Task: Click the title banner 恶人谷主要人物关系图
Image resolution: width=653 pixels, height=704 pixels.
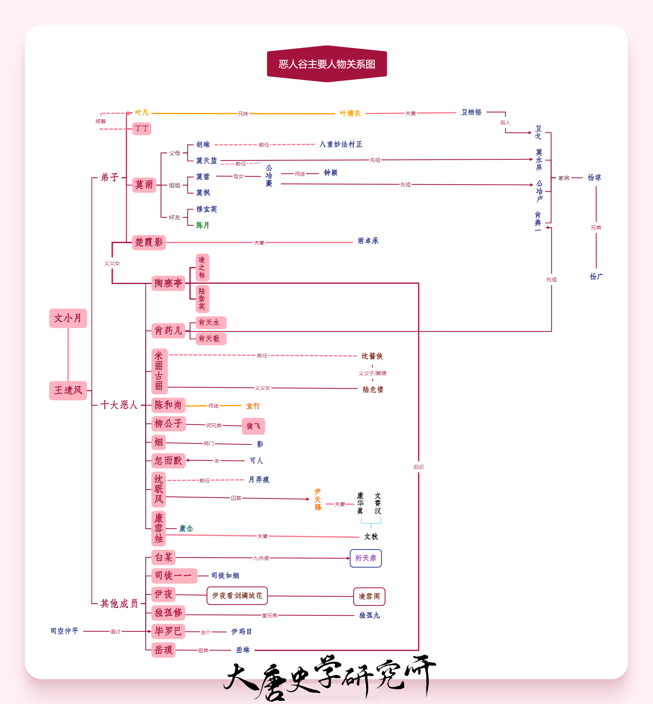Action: pos(327,64)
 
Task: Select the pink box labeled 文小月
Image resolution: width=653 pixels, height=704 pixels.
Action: pos(68,318)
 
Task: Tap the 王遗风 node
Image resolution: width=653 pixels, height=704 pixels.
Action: pos(68,390)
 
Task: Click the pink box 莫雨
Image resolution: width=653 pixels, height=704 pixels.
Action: pos(144,185)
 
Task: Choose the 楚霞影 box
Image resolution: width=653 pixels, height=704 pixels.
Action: pos(149,242)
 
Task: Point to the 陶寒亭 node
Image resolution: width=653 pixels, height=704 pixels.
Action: pos(168,283)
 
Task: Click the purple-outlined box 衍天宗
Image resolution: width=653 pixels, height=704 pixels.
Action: pos(366,558)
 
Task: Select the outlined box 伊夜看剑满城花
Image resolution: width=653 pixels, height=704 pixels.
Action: pos(237,596)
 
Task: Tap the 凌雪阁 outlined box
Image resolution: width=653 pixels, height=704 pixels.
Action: pos(369,596)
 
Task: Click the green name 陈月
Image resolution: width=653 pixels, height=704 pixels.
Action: pos(203,225)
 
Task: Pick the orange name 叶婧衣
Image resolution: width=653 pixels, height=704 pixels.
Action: pos(350,113)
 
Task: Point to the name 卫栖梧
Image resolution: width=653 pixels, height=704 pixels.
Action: pos(471,112)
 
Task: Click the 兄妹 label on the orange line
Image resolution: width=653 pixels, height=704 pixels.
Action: pos(243,114)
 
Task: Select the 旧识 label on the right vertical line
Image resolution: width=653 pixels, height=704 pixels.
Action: pos(419,467)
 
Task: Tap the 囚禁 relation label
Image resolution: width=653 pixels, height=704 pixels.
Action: pos(236,498)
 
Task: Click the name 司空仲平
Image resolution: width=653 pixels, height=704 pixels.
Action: pos(65,631)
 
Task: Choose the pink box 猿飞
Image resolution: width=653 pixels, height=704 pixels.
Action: pos(253,426)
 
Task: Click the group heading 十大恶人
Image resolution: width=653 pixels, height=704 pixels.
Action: pos(119,405)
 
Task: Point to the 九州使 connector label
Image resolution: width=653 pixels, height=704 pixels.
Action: pos(261,558)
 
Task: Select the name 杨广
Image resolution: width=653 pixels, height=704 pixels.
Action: pos(596,277)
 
